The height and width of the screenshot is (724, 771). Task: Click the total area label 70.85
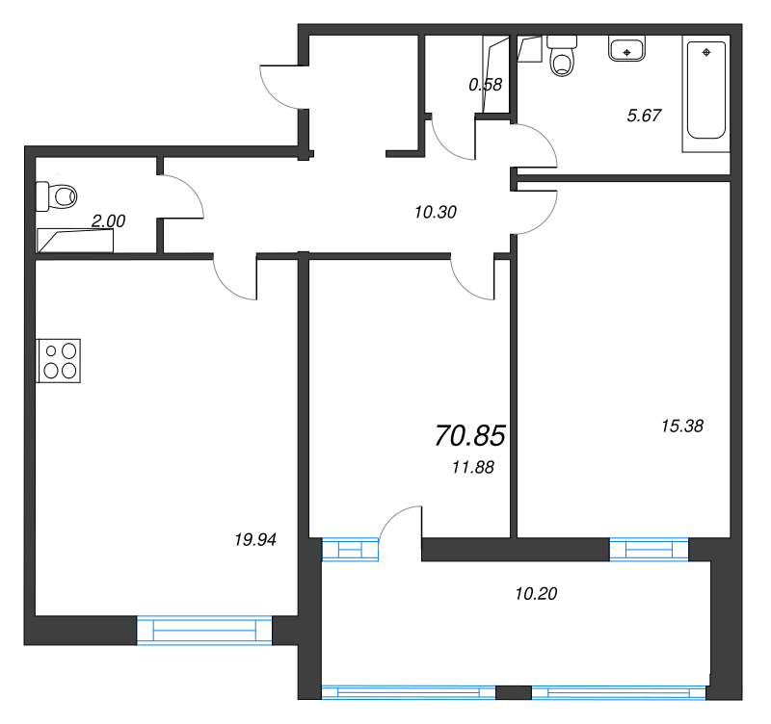[x=470, y=436]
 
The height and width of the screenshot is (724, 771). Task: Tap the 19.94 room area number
[x=255, y=540]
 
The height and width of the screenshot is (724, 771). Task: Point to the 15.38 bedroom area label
[x=682, y=426]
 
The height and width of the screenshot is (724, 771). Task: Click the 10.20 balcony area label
[x=537, y=593]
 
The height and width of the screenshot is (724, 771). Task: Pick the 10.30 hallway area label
[x=435, y=213]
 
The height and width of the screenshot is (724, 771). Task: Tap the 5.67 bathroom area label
[x=644, y=116]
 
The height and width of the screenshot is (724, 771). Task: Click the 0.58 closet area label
[x=485, y=84]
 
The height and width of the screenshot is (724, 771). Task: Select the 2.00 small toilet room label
[x=108, y=220]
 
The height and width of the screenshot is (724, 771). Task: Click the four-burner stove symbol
[x=60, y=360]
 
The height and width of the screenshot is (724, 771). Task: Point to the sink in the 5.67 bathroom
[x=627, y=49]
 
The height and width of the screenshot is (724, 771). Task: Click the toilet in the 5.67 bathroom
[x=561, y=57]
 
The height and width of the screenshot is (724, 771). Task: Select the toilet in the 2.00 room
[x=58, y=196]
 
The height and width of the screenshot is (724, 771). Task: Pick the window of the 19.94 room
[x=204, y=630]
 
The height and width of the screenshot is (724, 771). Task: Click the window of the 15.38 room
[x=650, y=549]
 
